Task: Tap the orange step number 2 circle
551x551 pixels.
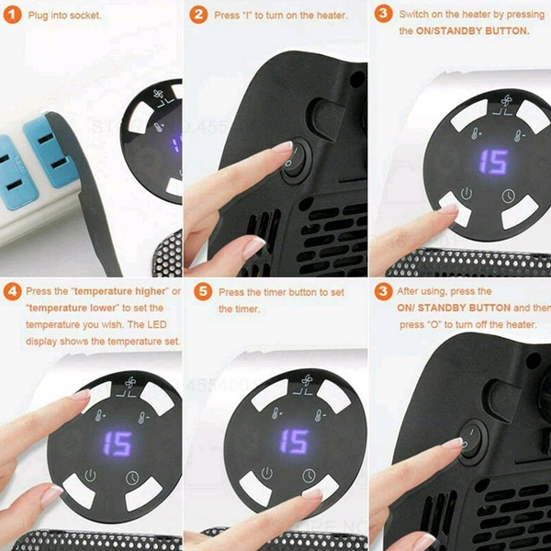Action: [x=198, y=16]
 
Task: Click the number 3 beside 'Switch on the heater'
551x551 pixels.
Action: [x=382, y=14]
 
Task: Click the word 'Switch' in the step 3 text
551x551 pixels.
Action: [x=418, y=14]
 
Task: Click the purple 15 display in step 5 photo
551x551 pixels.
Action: [x=294, y=441]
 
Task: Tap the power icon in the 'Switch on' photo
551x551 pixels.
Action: [x=467, y=194]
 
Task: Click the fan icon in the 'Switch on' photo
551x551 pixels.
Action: [x=503, y=104]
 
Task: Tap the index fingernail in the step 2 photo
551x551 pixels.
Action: [x=281, y=147]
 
